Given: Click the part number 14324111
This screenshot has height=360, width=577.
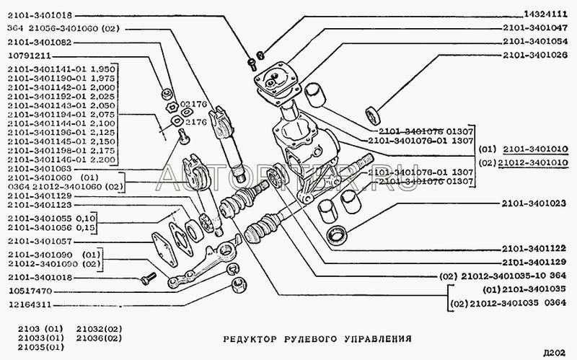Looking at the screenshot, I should (x=542, y=14).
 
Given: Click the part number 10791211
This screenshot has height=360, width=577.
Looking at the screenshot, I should (x=32, y=55).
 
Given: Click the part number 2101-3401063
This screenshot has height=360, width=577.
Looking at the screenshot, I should (x=40, y=168).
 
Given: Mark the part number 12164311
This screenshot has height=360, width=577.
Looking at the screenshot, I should (x=32, y=303).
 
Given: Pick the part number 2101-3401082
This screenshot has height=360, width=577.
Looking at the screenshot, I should (x=40, y=43).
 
